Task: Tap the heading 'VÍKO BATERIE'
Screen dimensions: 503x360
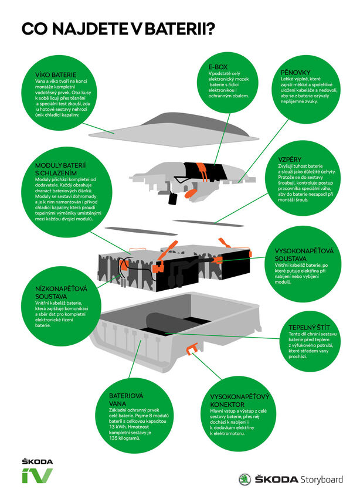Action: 56,75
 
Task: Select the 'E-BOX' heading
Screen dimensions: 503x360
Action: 221,66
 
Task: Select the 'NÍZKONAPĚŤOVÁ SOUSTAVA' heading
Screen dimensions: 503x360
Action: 53,292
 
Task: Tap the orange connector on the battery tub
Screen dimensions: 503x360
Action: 190,351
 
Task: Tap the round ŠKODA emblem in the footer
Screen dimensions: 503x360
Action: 244,480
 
